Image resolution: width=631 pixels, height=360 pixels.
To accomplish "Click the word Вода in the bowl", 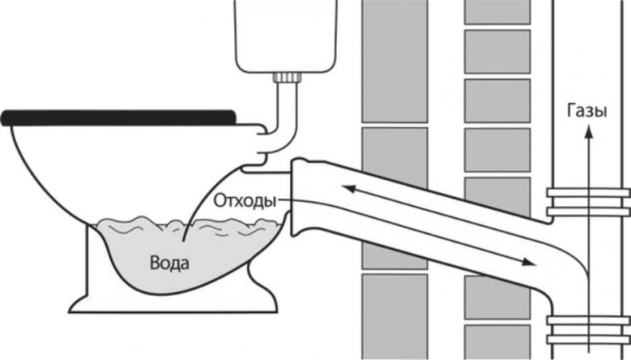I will tap(170, 262).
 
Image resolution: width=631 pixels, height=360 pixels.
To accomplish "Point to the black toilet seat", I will tap(120, 119).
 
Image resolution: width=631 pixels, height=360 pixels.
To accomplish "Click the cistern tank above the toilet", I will tap(283, 36).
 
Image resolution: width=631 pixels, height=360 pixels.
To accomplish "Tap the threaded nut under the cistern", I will tap(287, 78).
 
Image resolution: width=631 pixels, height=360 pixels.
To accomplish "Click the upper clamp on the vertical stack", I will tap(588, 201).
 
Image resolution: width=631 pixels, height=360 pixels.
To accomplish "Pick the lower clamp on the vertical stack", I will tap(588, 328).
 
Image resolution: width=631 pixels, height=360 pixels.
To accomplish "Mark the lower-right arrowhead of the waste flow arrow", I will tap(526, 261).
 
